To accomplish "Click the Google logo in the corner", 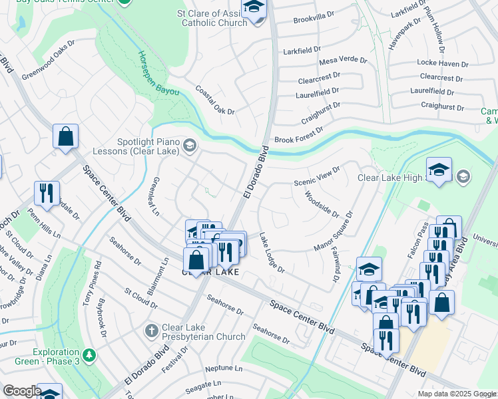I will pyautogui.click(x=21, y=391).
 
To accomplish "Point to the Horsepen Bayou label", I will pyautogui.click(x=158, y=74).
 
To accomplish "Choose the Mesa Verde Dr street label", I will pyautogui.click(x=343, y=61).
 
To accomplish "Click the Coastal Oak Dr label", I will pyautogui.click(x=214, y=100).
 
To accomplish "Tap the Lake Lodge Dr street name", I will pyautogui.click(x=272, y=253).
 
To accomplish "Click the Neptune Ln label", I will pyautogui.click(x=224, y=368).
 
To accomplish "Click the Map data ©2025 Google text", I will pyautogui.click(x=456, y=394).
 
